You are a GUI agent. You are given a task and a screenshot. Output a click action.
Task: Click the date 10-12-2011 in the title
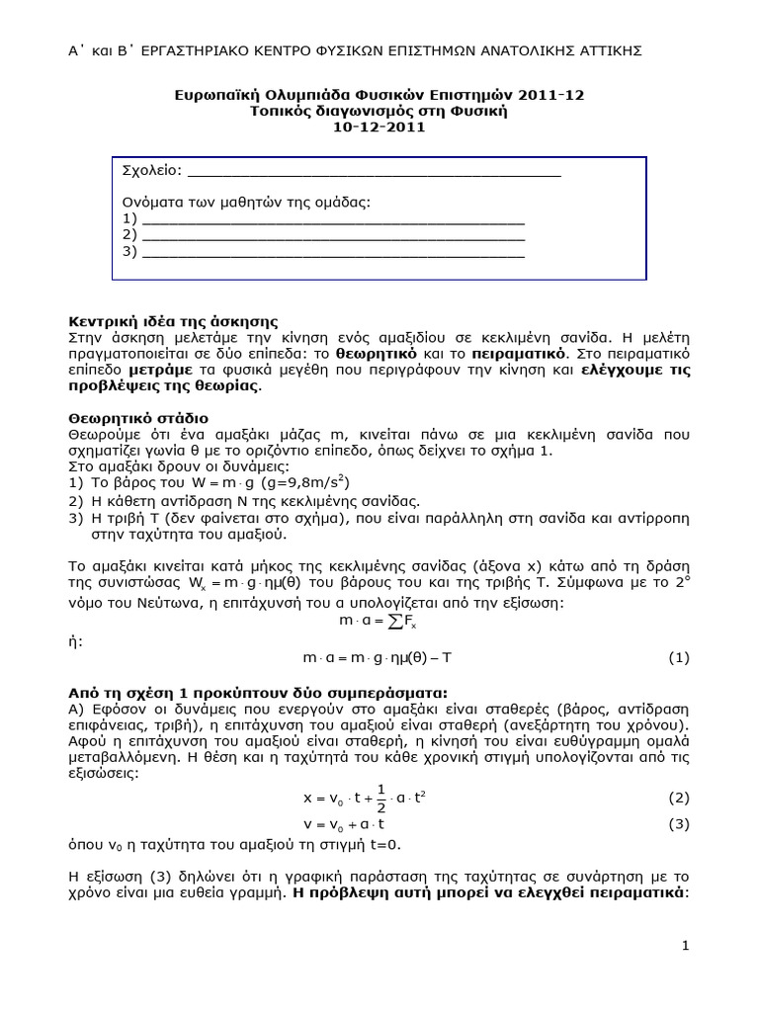point(379,127)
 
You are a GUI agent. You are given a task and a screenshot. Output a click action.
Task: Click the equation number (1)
point(678,657)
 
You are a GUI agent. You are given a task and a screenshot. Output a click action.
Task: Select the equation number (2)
point(678,798)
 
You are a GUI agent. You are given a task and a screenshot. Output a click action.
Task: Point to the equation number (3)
point(678,824)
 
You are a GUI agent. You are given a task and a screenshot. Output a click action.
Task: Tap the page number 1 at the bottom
point(684,946)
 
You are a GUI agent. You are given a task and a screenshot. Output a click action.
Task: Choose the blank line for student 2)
point(334,237)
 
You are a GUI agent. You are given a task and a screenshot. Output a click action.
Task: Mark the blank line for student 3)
point(334,253)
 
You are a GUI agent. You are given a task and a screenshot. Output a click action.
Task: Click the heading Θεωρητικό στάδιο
point(138,418)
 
